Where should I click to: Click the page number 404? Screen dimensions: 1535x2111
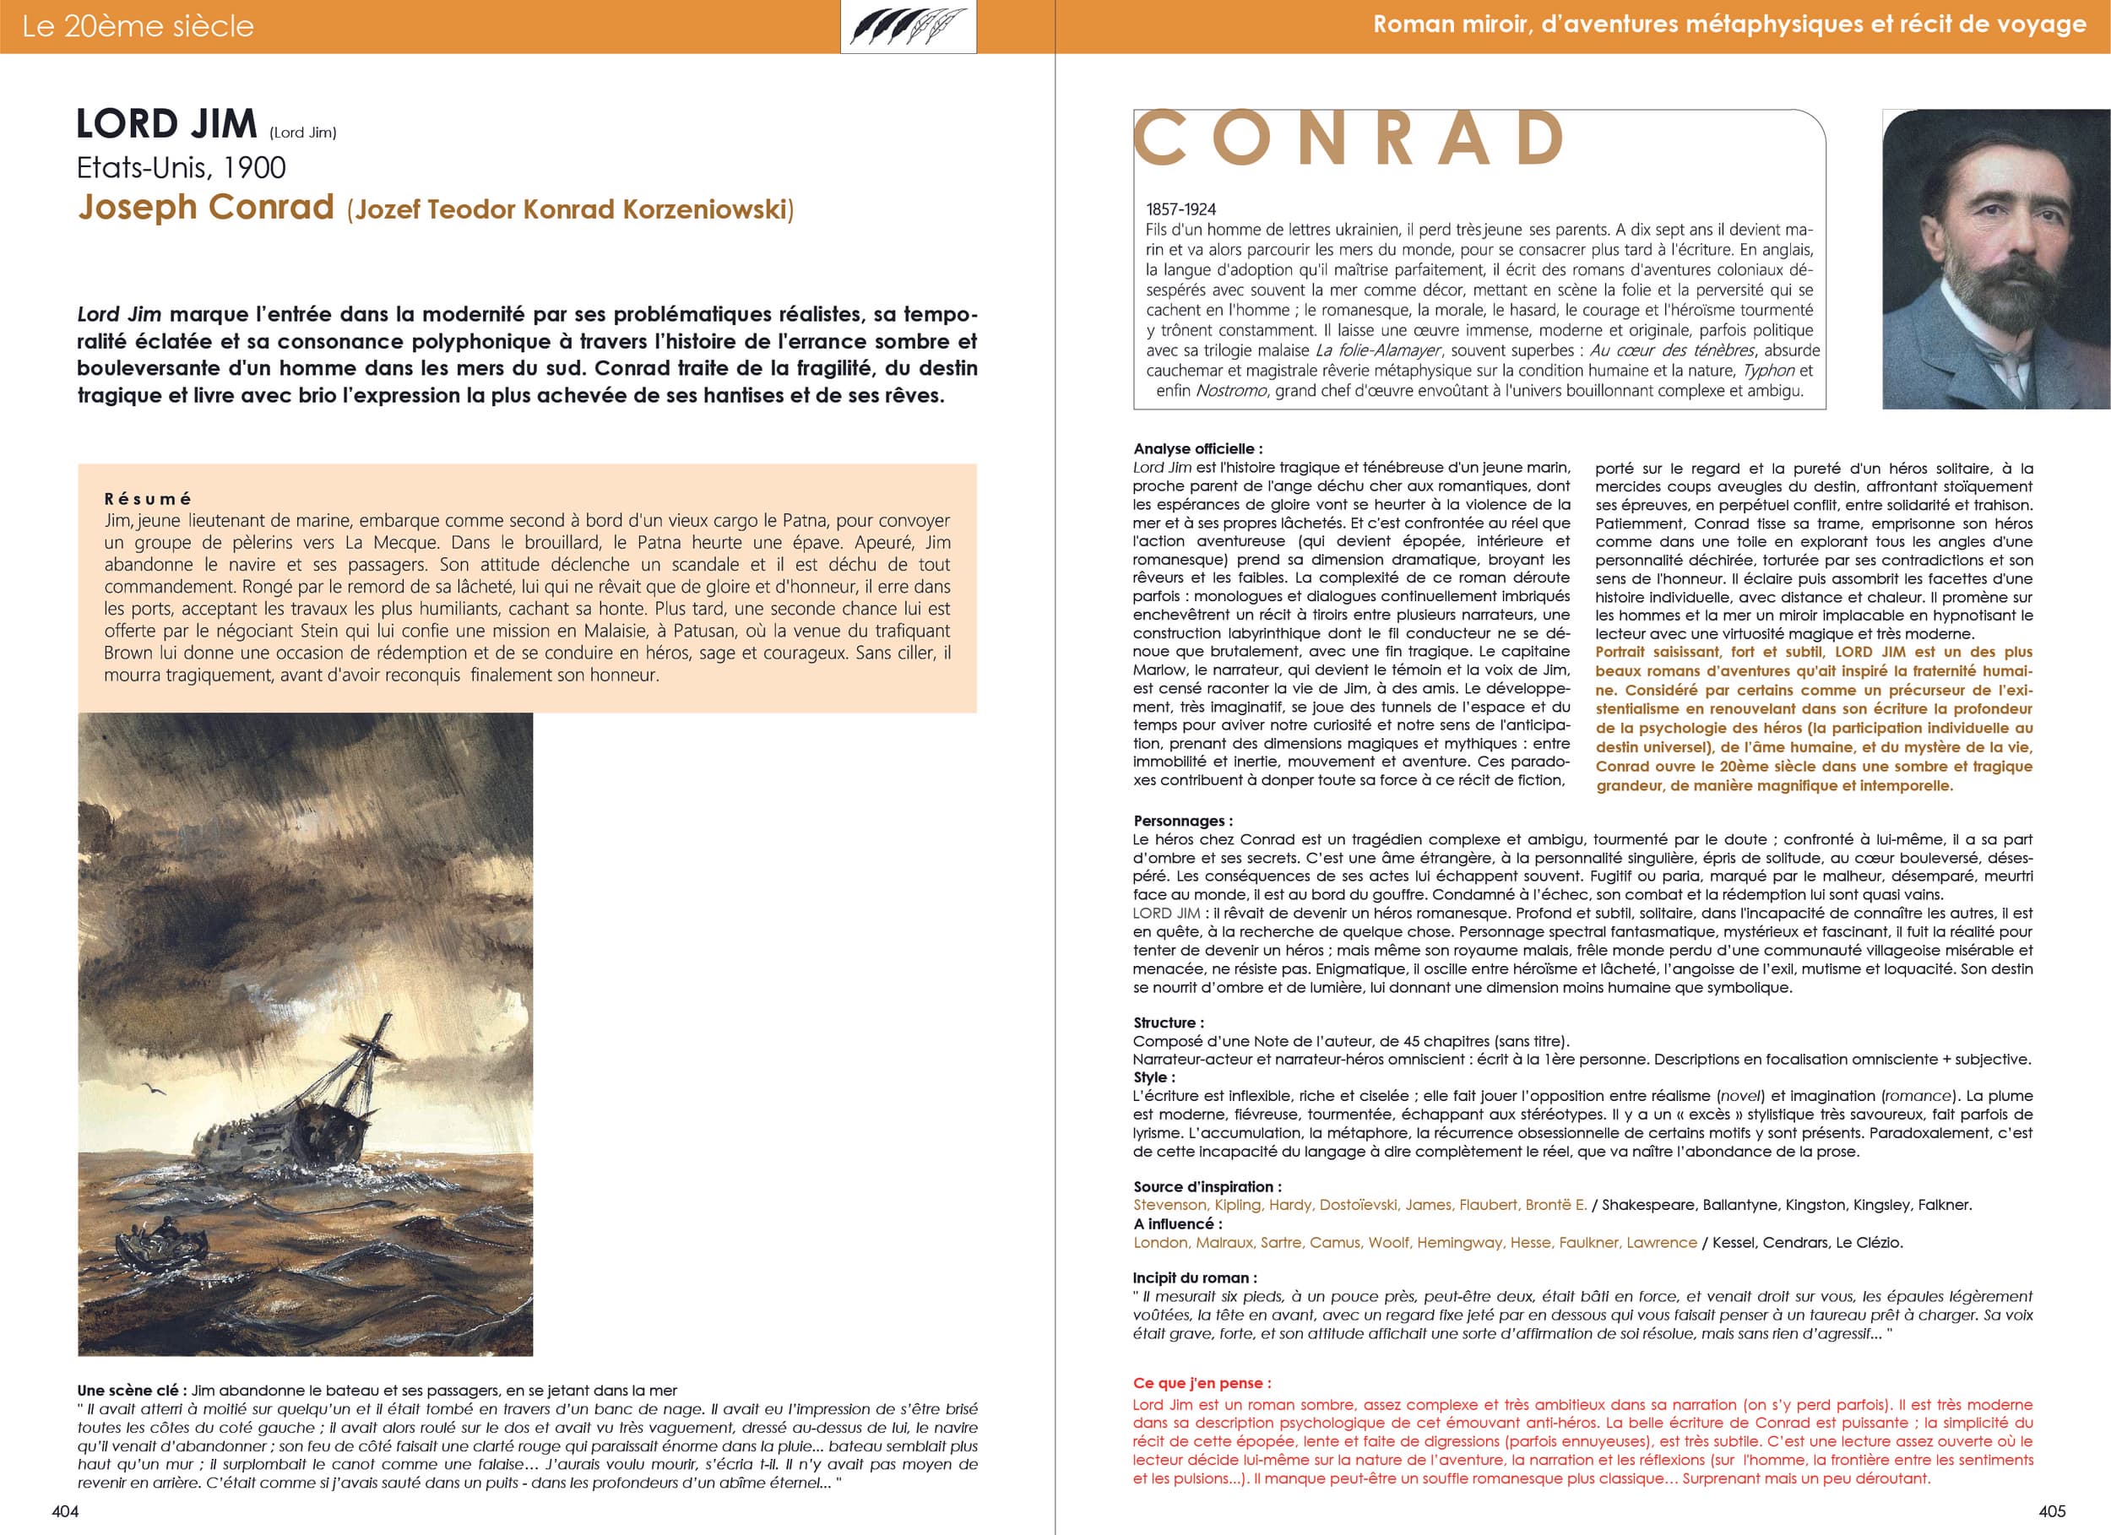point(65,1511)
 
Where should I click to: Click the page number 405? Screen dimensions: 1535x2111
point(2051,1511)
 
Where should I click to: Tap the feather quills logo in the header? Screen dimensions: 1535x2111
point(908,27)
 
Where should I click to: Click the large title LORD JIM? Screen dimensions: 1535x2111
point(166,125)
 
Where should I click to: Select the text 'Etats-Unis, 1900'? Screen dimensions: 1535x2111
point(182,167)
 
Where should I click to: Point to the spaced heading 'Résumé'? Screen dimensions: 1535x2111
point(147,499)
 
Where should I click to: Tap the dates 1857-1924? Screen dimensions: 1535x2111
point(1181,209)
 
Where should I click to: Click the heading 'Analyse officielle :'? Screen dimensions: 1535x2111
point(1198,448)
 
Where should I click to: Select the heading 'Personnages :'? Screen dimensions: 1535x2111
point(1182,821)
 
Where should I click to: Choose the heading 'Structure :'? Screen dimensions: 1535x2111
point(1168,1022)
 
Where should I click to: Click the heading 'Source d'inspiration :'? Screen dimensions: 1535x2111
point(1207,1187)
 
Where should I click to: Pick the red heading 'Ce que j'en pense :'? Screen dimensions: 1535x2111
point(1202,1383)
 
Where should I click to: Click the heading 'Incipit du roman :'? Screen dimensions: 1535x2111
point(1194,1278)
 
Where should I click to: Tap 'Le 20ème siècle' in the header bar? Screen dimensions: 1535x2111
point(138,26)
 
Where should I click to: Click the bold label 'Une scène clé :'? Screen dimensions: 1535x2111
point(131,1391)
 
